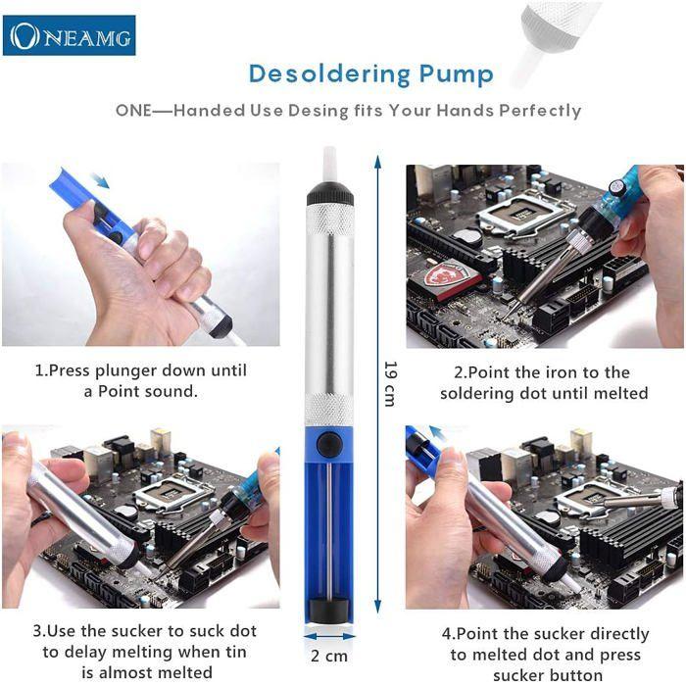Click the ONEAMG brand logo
pyautogui.click(x=70, y=35)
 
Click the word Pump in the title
pyautogui.click(x=458, y=73)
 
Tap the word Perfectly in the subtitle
pyautogui.click(x=540, y=110)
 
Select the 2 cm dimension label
pyautogui.click(x=328, y=654)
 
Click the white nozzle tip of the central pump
pyautogui.click(x=329, y=163)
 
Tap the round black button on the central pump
pyautogui.click(x=330, y=444)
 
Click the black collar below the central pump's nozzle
pyautogui.click(x=330, y=193)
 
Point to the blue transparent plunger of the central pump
pyautogui.click(x=330, y=529)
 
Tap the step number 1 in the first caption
pyautogui.click(x=40, y=371)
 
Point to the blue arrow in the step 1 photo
pyautogui.click(x=98, y=179)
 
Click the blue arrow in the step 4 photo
pyautogui.click(x=436, y=433)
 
